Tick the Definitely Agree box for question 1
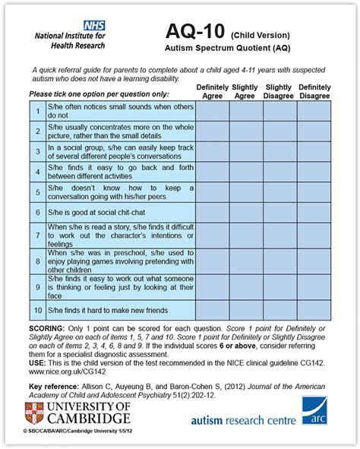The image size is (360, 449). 212,112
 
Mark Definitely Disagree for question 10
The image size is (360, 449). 314,310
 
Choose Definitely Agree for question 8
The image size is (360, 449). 212,260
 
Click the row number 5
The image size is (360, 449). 36,191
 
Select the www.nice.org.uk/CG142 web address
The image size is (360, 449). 63,372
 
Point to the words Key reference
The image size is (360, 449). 55,386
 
